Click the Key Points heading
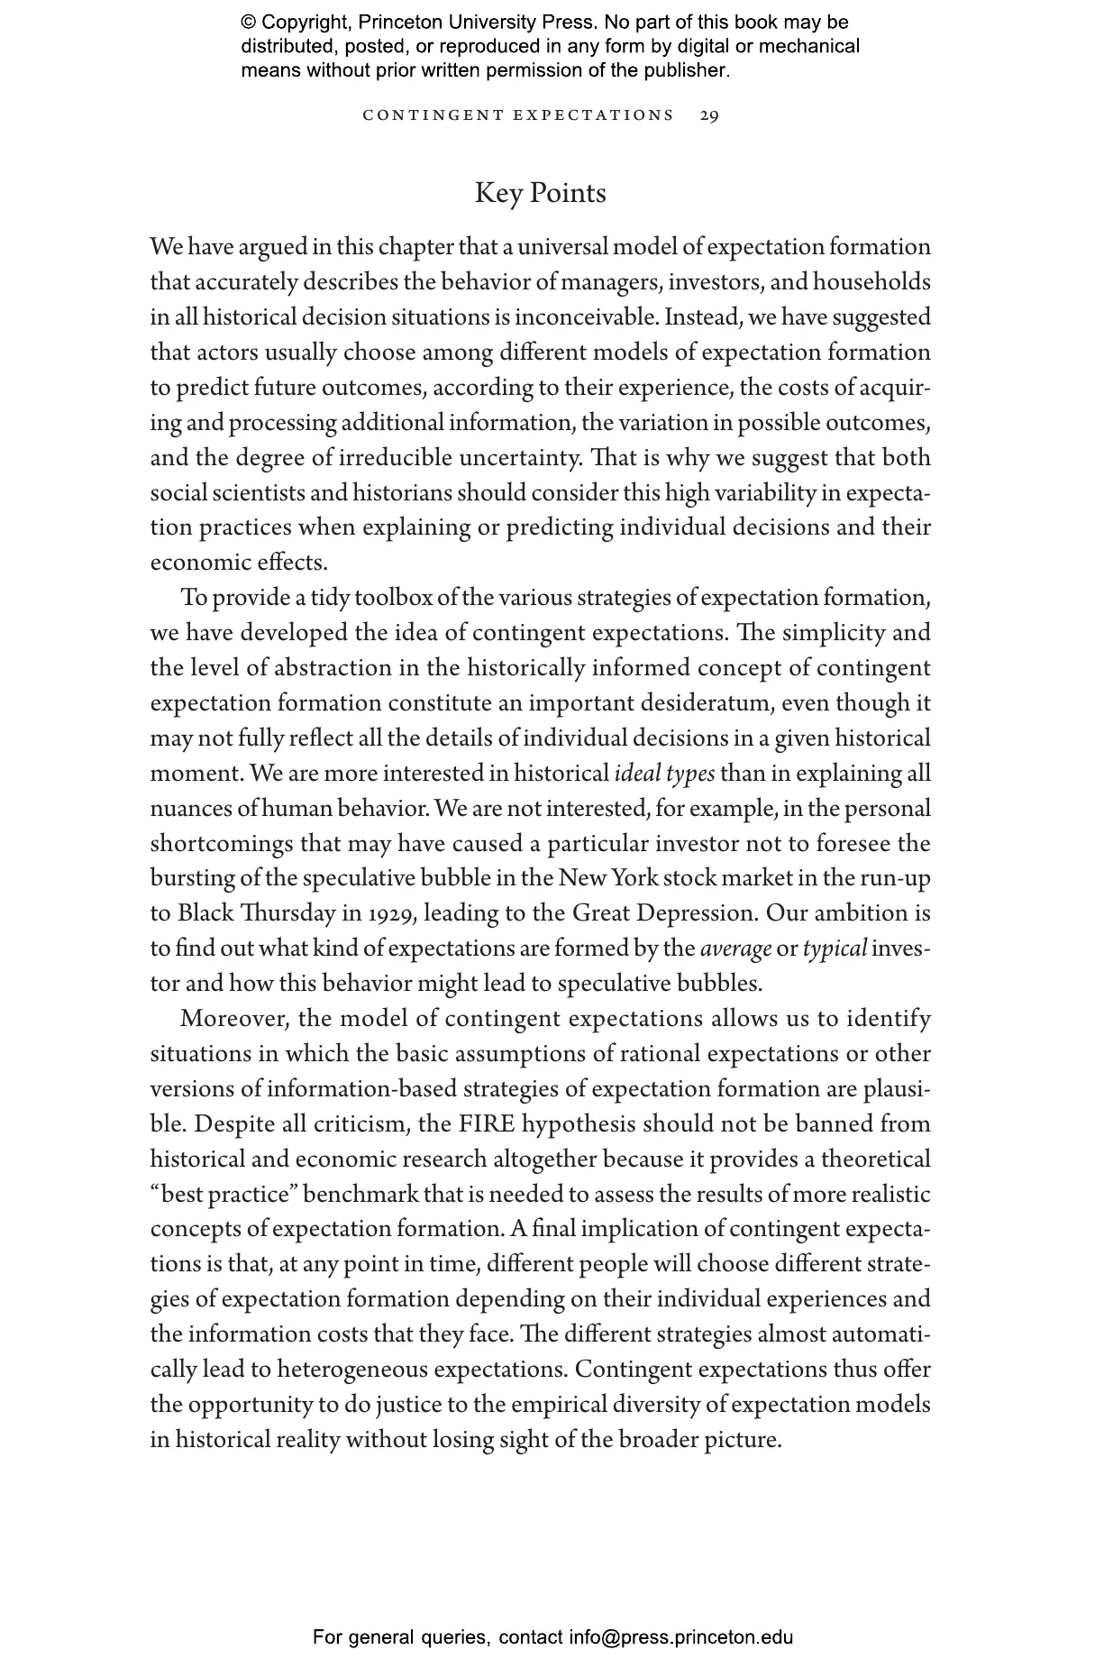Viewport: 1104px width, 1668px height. pyautogui.click(x=540, y=193)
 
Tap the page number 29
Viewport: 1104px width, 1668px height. pyautogui.click(x=709, y=115)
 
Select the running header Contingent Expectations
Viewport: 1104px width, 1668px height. pyautogui.click(x=517, y=115)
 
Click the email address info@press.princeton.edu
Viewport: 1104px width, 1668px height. pyautogui.click(x=680, y=1637)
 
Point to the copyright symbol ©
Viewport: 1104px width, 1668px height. pyautogui.click(x=249, y=23)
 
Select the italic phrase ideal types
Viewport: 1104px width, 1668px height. pyautogui.click(x=665, y=774)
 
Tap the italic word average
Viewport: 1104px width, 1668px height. pyautogui.click(x=735, y=949)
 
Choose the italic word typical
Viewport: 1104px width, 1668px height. pyautogui.click(x=835, y=949)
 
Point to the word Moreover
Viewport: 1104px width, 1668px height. pyautogui.click(x=233, y=1019)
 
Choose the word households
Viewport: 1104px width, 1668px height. pyautogui.click(x=871, y=282)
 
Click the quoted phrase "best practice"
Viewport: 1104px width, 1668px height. pyautogui.click(x=224, y=1195)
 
